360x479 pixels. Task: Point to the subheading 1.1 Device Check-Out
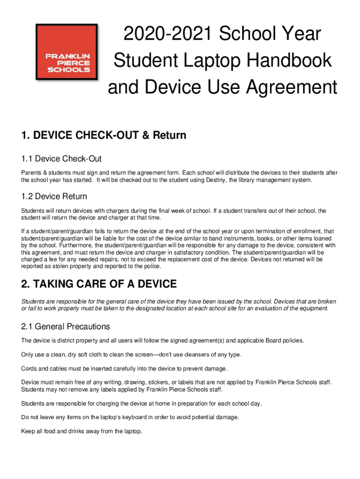(x=62, y=159)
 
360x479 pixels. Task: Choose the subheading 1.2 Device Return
(x=54, y=196)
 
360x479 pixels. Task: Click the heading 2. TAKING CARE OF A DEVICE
(x=99, y=284)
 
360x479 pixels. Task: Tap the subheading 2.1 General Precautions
(x=65, y=327)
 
